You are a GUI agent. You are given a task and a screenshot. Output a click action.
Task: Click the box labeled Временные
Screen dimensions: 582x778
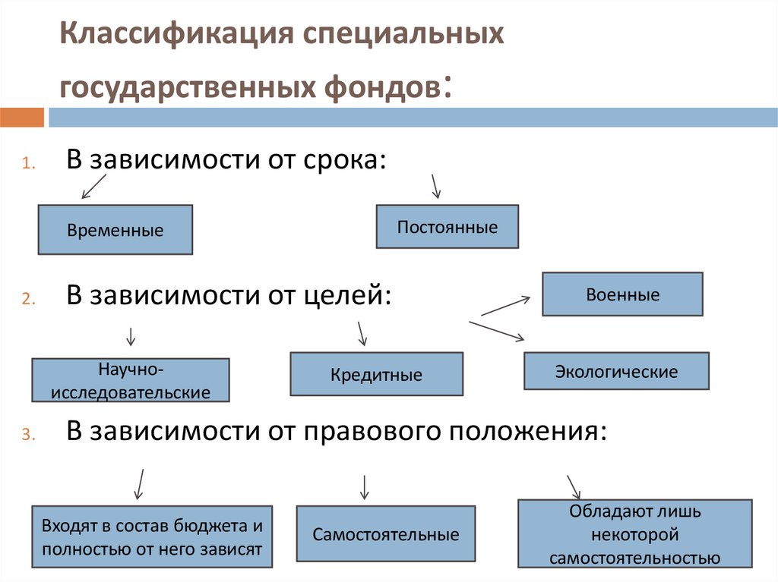click(115, 229)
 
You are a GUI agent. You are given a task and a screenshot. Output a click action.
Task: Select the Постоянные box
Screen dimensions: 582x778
click(448, 226)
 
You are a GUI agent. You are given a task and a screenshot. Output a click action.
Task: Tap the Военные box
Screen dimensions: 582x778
click(622, 294)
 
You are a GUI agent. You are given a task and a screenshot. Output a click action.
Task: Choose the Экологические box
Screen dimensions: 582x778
click(616, 371)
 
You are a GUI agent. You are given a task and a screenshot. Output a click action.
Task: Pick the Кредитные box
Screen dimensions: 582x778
click(376, 374)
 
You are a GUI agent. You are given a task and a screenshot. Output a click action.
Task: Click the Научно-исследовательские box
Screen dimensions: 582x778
click(131, 380)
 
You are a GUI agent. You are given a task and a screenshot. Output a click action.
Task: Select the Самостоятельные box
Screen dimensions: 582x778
click(386, 534)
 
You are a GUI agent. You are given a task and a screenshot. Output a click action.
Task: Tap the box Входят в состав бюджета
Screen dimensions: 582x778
click(152, 536)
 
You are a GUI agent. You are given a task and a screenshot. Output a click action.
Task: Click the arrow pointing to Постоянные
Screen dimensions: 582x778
click(435, 185)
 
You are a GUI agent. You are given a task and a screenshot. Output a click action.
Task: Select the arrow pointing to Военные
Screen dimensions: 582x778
click(505, 305)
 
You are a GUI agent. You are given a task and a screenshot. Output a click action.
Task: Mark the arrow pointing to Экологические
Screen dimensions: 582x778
click(497, 331)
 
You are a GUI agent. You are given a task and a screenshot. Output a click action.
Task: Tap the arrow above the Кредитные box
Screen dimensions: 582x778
click(362, 332)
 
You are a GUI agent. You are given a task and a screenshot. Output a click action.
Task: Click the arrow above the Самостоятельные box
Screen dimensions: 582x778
click(365, 486)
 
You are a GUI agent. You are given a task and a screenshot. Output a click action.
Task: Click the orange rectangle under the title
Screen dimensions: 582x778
click(22, 117)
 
